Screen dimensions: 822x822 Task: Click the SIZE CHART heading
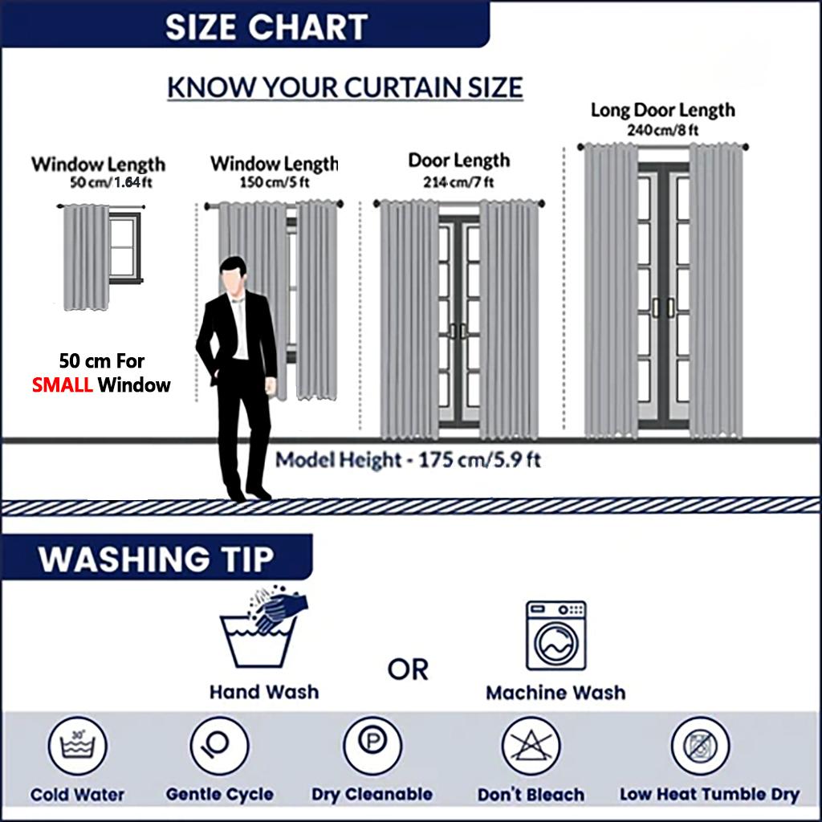tap(267, 27)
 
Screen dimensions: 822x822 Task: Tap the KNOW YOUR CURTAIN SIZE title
tap(345, 87)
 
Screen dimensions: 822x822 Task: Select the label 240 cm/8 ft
tap(662, 129)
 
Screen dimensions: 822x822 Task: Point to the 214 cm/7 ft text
tap(458, 182)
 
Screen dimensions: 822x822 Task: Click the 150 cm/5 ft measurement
tap(275, 182)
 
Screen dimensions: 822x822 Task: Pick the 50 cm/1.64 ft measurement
tap(111, 182)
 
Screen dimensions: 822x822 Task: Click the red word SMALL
tap(63, 385)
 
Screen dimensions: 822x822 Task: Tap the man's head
tap(234, 271)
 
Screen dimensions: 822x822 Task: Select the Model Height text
tap(408, 460)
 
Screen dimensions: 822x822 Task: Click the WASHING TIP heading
tap(156, 559)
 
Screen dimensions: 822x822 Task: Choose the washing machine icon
tap(555, 636)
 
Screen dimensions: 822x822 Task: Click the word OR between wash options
tap(408, 670)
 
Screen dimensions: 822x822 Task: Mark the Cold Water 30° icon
tap(78, 746)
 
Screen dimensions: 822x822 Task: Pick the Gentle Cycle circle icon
tap(219, 746)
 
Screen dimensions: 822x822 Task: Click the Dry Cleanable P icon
tap(372, 746)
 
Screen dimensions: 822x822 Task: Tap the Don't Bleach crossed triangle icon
tap(531, 746)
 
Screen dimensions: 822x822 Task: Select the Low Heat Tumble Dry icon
tap(700, 746)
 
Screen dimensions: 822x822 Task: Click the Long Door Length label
tap(662, 111)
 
